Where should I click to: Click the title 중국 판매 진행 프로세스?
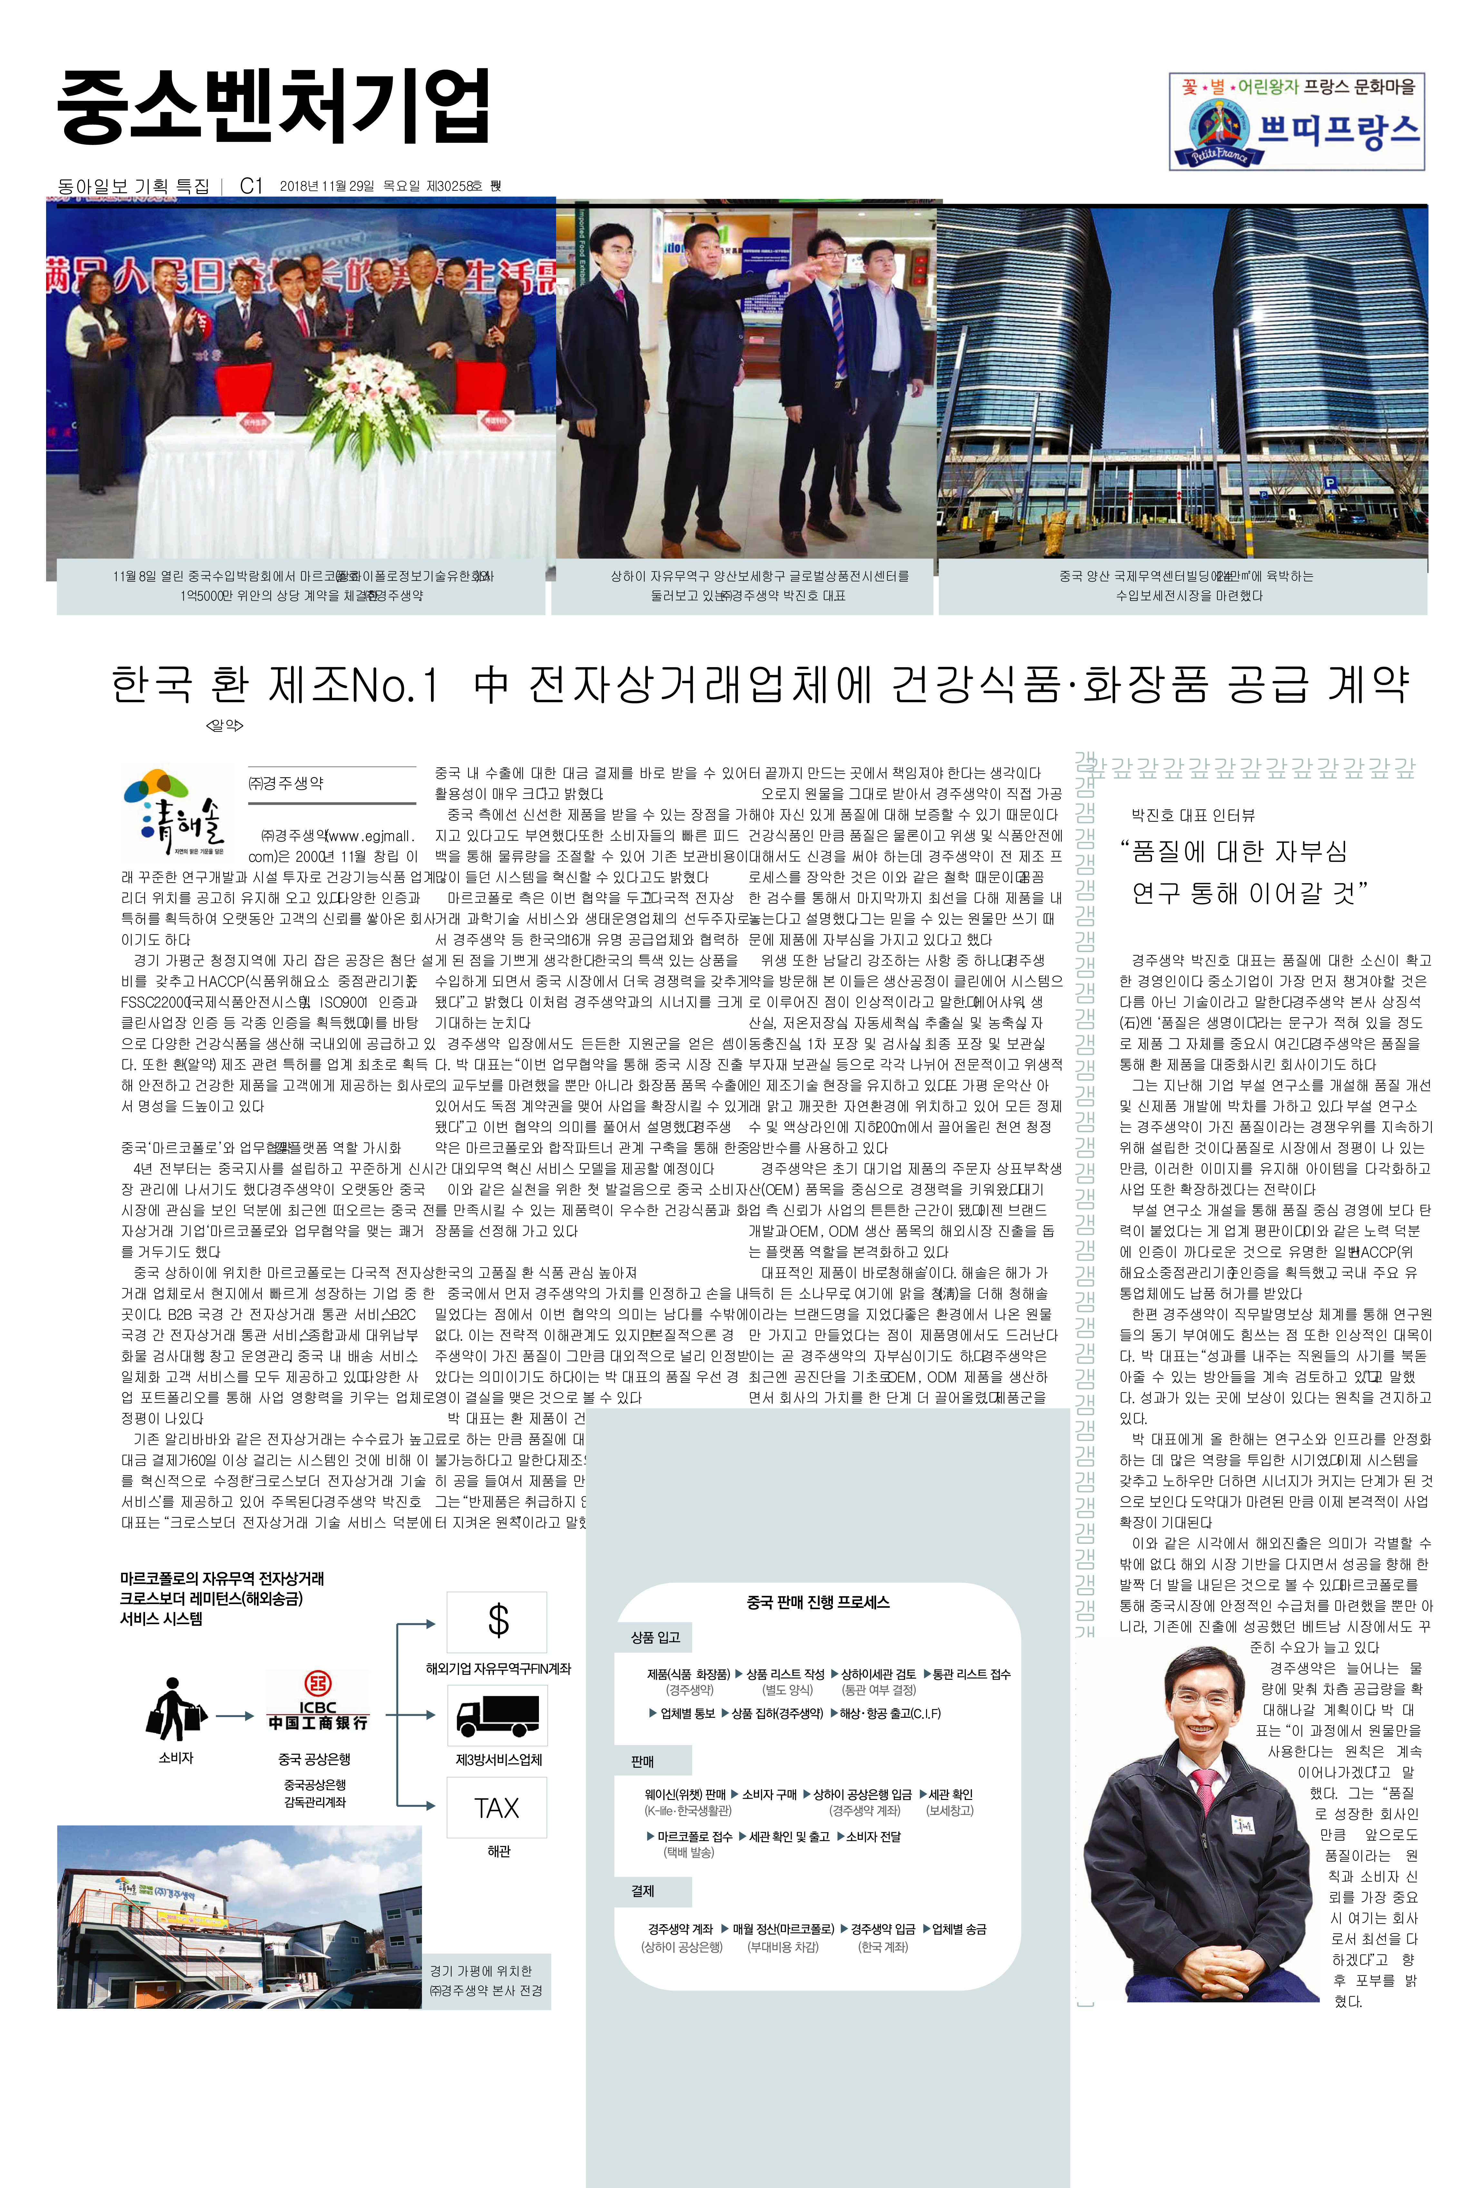click(x=817, y=1602)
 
